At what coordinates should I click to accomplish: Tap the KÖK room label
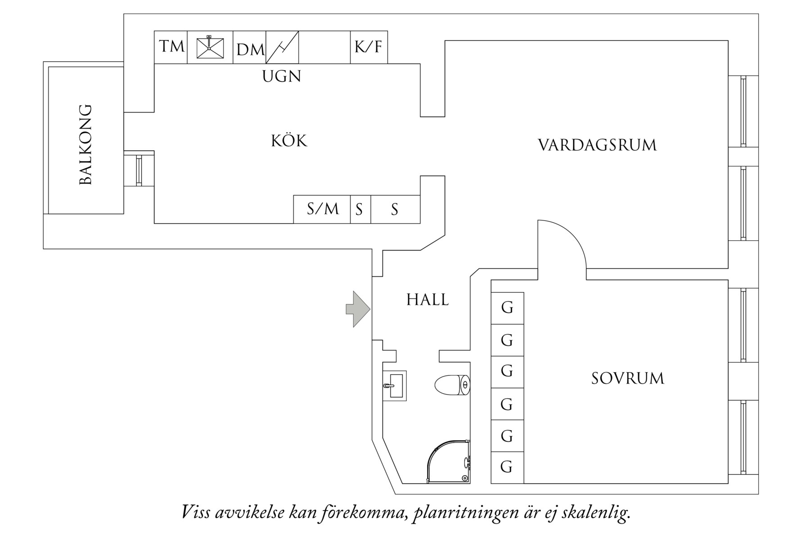(x=289, y=141)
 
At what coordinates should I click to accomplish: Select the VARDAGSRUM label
(x=597, y=145)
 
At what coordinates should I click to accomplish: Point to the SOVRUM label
(x=627, y=378)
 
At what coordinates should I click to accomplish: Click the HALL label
(x=427, y=300)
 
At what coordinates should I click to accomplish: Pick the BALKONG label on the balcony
(x=85, y=144)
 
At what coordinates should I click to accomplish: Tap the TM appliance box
(x=171, y=47)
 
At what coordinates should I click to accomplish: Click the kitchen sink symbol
(x=210, y=47)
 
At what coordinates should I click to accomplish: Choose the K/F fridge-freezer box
(x=369, y=47)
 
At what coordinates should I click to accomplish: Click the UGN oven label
(x=282, y=76)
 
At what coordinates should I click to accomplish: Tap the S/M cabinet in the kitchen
(x=322, y=209)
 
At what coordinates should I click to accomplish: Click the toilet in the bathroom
(x=452, y=385)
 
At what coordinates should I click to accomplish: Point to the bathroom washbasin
(x=395, y=386)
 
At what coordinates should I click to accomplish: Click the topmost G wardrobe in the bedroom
(x=507, y=308)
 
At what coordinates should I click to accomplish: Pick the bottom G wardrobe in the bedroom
(x=507, y=467)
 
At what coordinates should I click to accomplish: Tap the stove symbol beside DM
(x=282, y=47)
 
